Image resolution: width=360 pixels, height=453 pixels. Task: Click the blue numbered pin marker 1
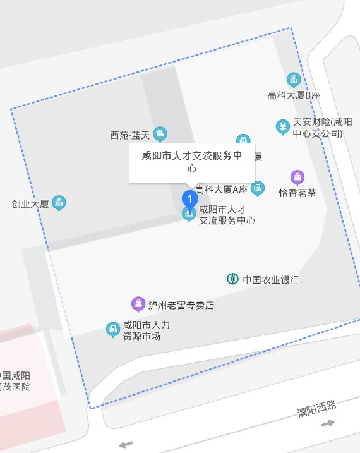[189, 198]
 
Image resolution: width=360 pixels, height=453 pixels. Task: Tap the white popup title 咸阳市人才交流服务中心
[192, 162]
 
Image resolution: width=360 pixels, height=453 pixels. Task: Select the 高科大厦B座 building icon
[293, 80]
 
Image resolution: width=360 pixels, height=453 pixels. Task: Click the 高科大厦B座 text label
[294, 95]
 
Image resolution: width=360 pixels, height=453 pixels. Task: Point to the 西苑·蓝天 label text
[129, 135]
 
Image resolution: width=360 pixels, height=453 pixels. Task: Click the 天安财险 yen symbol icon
[282, 127]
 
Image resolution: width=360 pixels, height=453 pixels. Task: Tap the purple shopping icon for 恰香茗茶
[297, 178]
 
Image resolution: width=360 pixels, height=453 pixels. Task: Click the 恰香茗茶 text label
[297, 193]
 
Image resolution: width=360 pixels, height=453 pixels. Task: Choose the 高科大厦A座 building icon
[257, 188]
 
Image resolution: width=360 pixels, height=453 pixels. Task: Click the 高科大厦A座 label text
[221, 189]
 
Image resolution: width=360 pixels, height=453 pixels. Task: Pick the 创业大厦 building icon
[59, 203]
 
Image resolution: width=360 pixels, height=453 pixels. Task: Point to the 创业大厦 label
[30, 204]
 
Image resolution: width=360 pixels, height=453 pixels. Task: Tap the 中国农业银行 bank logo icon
[232, 279]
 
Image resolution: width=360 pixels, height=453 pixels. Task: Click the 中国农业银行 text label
[271, 279]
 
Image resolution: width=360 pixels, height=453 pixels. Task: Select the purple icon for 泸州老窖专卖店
[138, 305]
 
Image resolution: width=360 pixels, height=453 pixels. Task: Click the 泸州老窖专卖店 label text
[181, 305]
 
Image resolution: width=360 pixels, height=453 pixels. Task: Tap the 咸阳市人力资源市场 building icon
[112, 330]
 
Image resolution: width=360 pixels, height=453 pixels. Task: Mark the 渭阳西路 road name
[317, 408]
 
